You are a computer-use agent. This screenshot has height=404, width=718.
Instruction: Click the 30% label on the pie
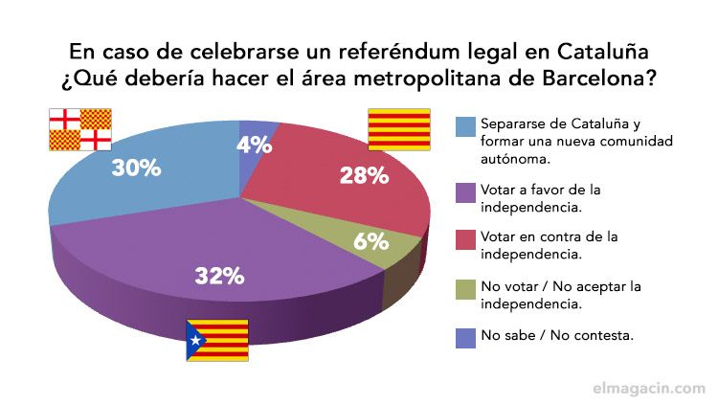pos(136,168)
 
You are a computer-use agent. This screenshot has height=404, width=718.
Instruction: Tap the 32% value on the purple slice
pos(219,276)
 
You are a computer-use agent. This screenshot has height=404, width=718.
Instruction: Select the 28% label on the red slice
pos(364,175)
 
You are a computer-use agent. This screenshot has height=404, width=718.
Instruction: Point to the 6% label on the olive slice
pos(370,241)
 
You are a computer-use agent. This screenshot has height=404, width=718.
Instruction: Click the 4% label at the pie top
pos(255,146)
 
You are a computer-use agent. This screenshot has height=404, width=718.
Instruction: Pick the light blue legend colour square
pos(465,125)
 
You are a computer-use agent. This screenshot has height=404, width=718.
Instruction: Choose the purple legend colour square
pos(465,191)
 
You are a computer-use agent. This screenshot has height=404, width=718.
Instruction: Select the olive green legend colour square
pos(465,286)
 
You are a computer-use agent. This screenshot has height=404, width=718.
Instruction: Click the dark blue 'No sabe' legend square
pos(465,334)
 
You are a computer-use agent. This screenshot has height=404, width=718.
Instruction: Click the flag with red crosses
pos(80,129)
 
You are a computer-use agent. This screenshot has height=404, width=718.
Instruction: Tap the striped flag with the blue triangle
pos(216,340)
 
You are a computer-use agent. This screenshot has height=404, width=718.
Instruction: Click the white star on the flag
pos(195,340)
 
